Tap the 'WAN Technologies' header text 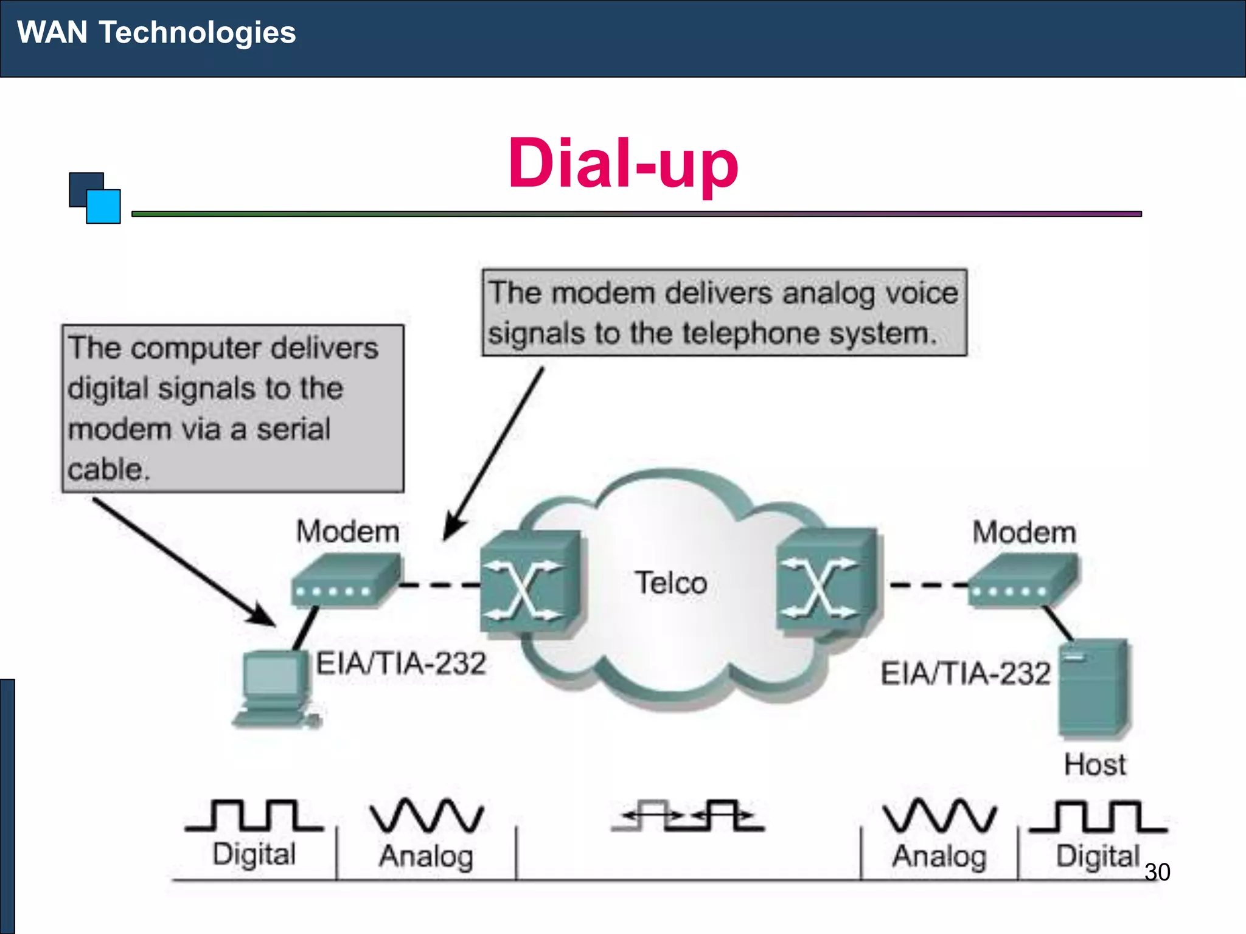(156, 32)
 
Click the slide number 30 (1157, 872)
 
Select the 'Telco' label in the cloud (671, 583)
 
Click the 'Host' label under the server (1095, 764)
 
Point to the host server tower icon (1093, 687)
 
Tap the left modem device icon (346, 581)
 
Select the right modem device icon (1023, 581)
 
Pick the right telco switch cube (826, 581)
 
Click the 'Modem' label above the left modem (347, 531)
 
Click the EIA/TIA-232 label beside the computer (401, 663)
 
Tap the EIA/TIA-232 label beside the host (966, 674)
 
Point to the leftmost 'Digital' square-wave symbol (254, 816)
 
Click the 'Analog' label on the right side (939, 856)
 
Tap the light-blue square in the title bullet (103, 207)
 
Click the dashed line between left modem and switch (440, 585)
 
